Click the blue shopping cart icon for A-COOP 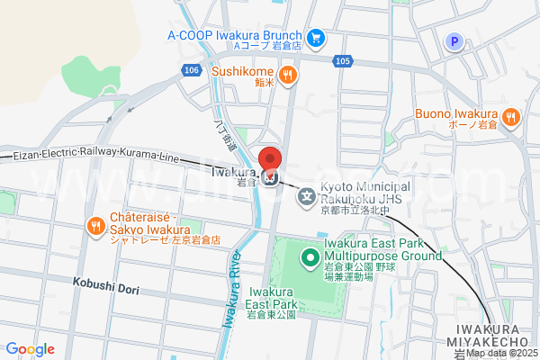(x=315, y=37)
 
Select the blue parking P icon (x=454, y=40)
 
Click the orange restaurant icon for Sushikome (x=287, y=75)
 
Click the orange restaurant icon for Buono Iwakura (x=510, y=115)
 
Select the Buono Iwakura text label (x=456, y=113)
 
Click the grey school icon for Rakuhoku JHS (x=307, y=194)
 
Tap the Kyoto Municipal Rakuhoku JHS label (x=364, y=191)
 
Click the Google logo (x=30, y=349)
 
